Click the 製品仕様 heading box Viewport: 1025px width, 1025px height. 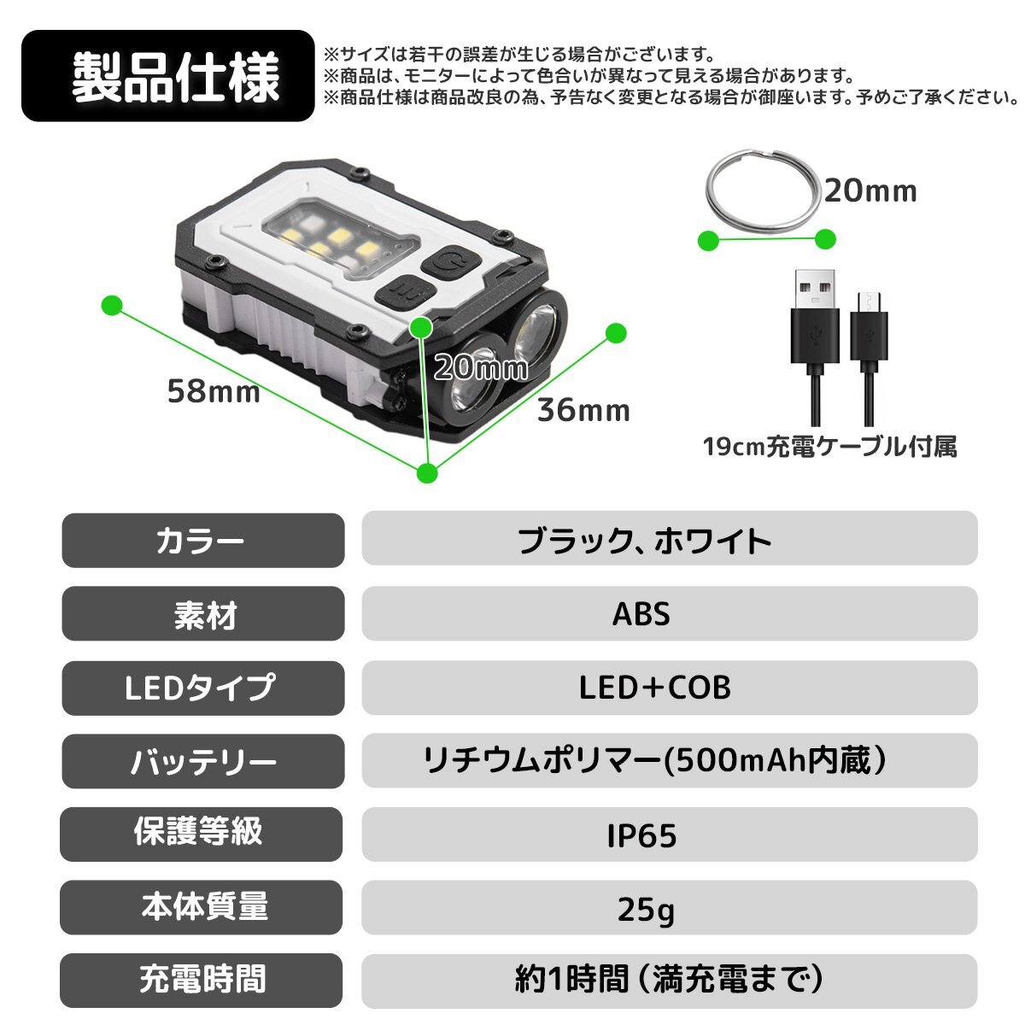(168, 76)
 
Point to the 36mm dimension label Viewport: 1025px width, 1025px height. (583, 410)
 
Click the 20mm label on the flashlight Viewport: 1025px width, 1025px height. (480, 367)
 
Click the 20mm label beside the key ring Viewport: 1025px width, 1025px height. (870, 190)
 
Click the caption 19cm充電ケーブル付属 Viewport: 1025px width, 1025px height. (829, 446)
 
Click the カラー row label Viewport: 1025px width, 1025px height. (202, 541)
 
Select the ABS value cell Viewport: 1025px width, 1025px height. (669, 613)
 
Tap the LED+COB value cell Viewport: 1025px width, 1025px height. (669, 688)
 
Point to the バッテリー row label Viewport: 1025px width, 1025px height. (202, 761)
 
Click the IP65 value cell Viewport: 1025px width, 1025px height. (669, 835)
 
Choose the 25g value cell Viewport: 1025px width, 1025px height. (669, 908)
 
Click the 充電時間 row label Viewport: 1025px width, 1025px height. (202, 981)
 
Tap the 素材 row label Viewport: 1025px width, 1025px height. (202, 614)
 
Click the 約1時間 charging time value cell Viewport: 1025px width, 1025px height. (669, 981)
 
